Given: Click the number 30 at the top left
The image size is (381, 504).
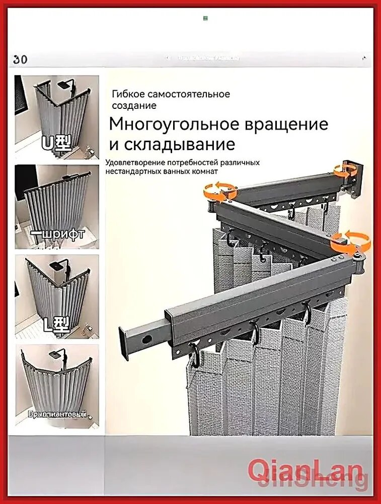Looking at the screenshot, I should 21,59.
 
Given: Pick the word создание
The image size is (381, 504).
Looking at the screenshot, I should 134,106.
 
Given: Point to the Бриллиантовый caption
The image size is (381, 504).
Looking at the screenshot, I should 56,414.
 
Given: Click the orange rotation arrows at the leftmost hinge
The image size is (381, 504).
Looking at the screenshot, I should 220,191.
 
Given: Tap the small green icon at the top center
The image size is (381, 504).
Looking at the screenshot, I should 205,19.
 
